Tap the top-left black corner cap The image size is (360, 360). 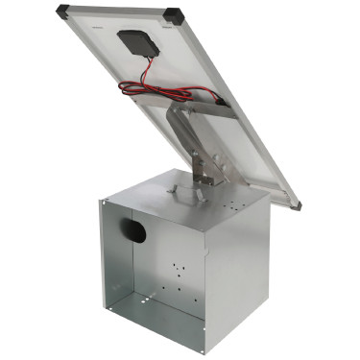pyautogui.click(x=64, y=12)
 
